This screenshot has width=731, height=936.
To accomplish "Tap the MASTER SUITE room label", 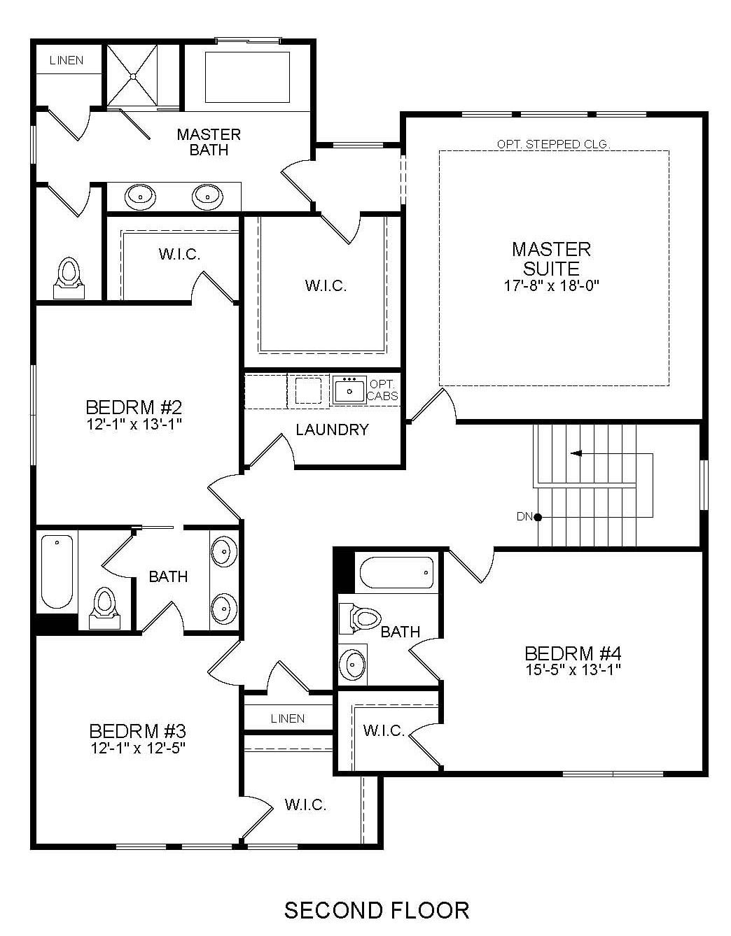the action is [551, 258].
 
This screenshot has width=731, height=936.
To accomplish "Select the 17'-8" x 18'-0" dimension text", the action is [552, 285].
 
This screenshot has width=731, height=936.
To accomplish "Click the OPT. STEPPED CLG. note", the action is [553, 144].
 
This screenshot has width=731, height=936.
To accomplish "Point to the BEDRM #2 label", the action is [134, 406].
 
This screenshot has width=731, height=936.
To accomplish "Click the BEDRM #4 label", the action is [573, 653].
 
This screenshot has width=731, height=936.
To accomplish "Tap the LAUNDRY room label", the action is [332, 430].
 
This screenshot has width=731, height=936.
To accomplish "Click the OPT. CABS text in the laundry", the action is [382, 390].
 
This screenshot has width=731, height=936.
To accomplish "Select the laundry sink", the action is [349, 390].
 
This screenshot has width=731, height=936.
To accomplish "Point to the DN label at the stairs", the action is [524, 516].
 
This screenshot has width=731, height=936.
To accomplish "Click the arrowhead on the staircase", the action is [576, 453].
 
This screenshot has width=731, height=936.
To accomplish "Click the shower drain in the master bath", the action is [133, 77].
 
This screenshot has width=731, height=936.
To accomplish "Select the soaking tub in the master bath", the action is [247, 78].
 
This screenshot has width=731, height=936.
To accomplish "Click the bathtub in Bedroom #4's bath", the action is [396, 572].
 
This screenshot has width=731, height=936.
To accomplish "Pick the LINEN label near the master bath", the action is [67, 60].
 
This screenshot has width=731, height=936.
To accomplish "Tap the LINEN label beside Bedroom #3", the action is [288, 718].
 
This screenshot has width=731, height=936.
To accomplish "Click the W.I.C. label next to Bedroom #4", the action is [383, 730].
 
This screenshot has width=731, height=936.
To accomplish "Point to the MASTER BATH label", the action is [209, 142].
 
